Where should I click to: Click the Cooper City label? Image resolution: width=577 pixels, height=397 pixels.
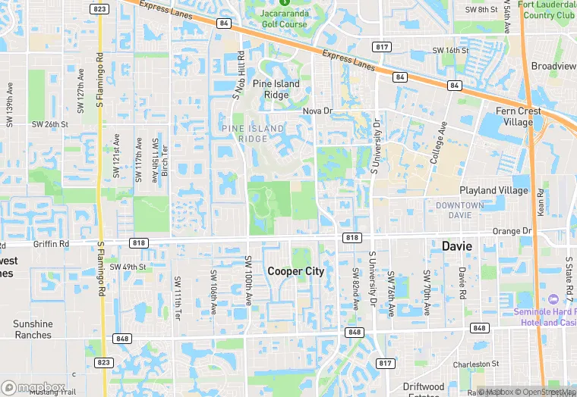295,270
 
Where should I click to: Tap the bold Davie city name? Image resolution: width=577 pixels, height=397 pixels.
457,246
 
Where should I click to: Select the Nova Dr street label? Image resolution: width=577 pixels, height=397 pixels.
318,111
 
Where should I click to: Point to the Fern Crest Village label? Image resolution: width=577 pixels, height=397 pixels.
519,116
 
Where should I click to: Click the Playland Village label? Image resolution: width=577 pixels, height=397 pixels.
493,190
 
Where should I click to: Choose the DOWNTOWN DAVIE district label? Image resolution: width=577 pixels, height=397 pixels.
460,210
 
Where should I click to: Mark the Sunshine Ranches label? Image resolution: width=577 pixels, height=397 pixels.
33,329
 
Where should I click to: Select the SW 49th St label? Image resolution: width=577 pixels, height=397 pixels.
126,267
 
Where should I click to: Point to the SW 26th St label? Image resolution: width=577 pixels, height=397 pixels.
49,124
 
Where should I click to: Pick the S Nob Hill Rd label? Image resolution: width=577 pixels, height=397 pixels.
237,74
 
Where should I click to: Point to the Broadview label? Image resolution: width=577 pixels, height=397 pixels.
553,66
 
